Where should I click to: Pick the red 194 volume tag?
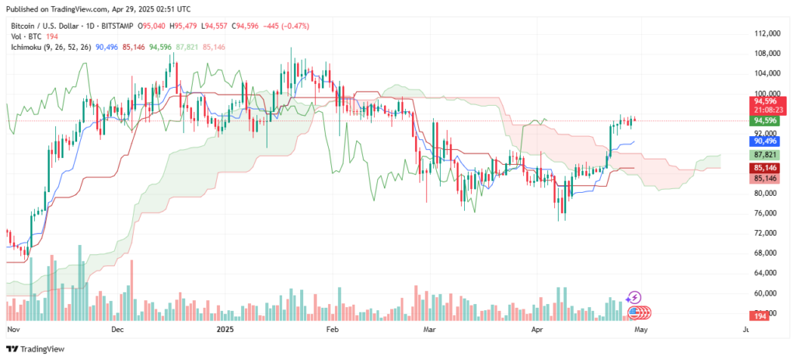tap(759, 316)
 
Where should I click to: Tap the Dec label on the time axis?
tap(117, 330)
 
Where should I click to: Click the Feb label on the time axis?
tap(332, 330)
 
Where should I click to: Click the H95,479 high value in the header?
tap(183, 26)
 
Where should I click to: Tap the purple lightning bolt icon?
tap(634, 297)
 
